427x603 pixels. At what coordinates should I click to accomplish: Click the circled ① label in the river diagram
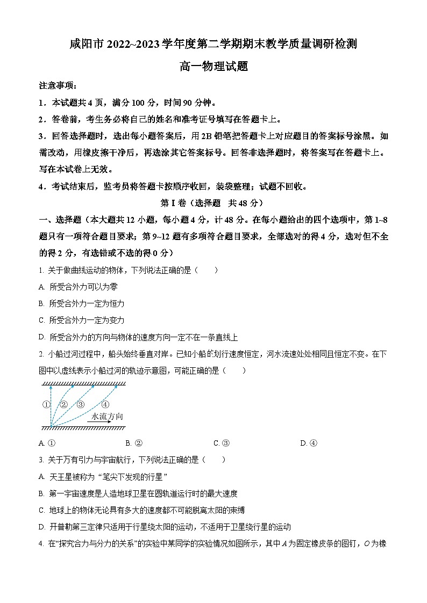point(46,404)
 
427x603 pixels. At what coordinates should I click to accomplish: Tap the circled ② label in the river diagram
point(63,404)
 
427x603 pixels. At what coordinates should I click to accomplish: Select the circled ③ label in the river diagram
point(80,404)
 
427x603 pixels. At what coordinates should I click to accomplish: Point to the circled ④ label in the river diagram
point(105,404)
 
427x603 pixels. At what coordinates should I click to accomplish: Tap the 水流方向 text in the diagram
point(107,416)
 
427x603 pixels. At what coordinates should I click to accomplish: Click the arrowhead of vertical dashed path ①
point(51,386)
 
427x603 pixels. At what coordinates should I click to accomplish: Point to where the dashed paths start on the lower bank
point(51,427)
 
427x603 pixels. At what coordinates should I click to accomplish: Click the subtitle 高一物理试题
point(213,66)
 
